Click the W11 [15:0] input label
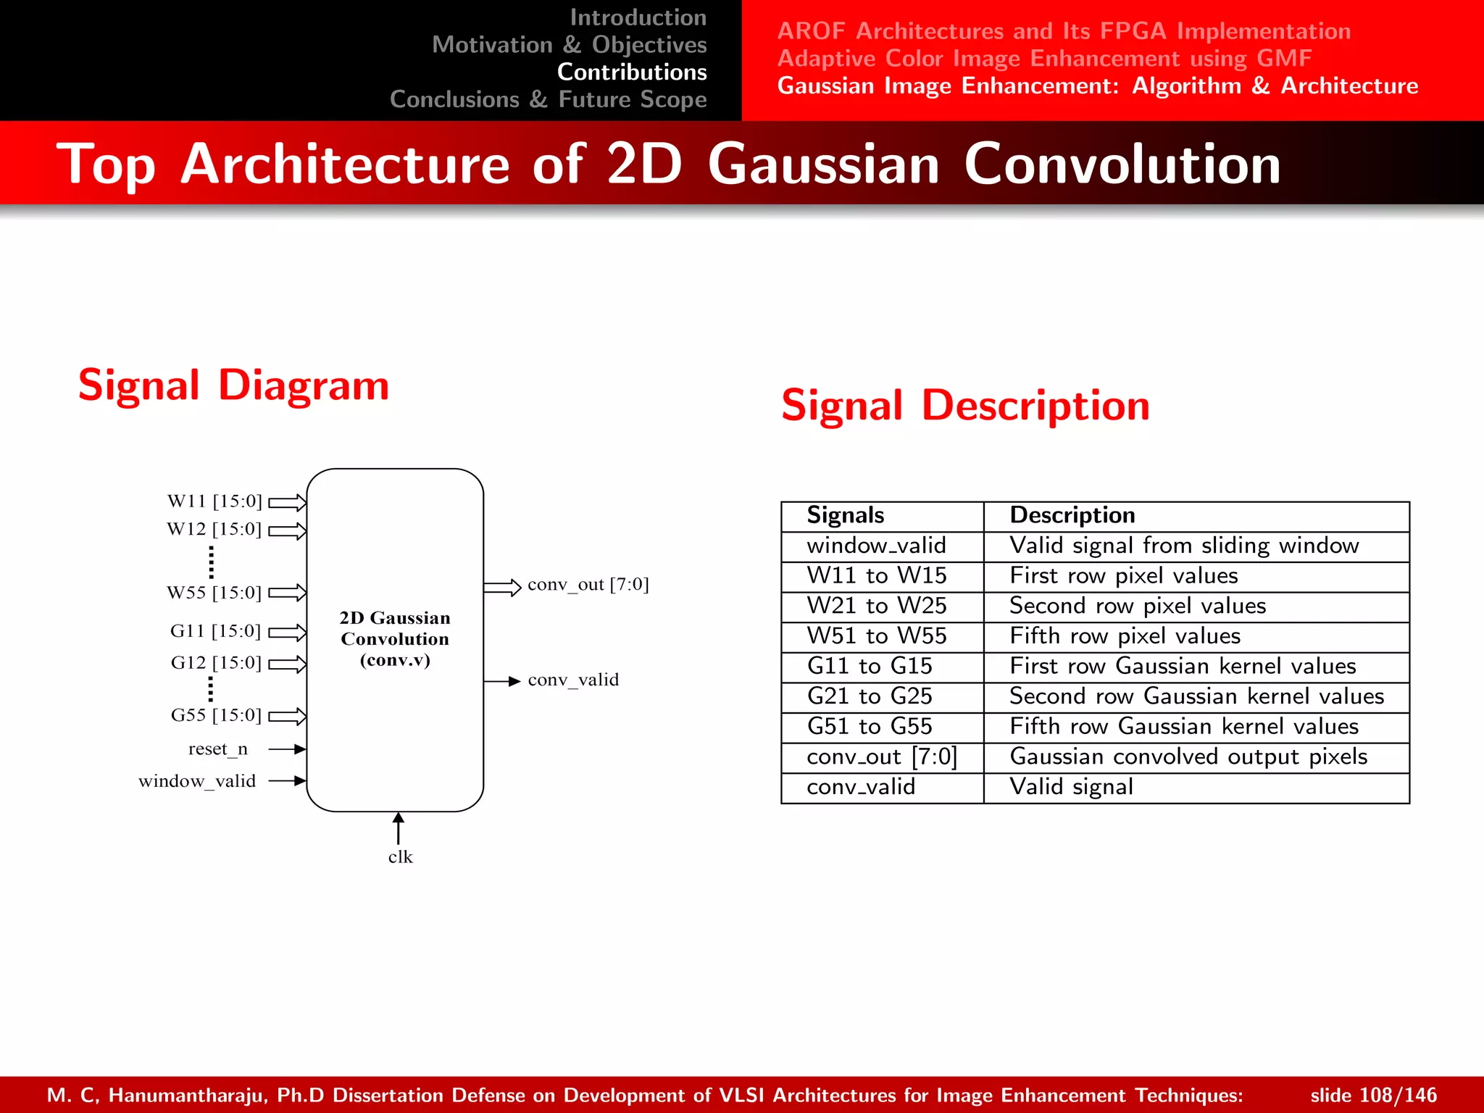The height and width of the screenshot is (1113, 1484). (214, 501)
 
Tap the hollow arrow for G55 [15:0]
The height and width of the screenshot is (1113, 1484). (288, 717)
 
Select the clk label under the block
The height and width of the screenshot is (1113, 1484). (400, 857)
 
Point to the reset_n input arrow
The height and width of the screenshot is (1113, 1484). (288, 749)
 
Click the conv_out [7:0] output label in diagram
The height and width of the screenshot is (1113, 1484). (588, 585)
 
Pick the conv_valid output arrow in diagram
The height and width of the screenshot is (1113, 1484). (502, 681)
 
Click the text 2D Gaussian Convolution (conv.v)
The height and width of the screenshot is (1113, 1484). (395, 638)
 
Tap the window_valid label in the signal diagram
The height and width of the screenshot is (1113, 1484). (197, 781)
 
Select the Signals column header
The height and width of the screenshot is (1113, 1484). (846, 515)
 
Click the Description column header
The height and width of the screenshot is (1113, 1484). (1072, 515)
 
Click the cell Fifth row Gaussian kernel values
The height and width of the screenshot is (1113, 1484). (1184, 726)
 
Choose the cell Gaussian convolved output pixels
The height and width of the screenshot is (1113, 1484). (1188, 756)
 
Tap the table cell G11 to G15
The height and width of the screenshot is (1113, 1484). (870, 666)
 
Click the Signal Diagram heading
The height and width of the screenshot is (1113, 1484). (233, 385)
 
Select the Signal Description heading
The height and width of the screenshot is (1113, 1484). (965, 405)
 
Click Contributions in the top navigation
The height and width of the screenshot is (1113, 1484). (632, 72)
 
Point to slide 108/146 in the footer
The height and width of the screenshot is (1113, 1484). (1373, 1095)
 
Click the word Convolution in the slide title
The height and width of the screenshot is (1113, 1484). (1122, 164)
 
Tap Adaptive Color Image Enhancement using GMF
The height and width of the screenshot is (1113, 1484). (1044, 58)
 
